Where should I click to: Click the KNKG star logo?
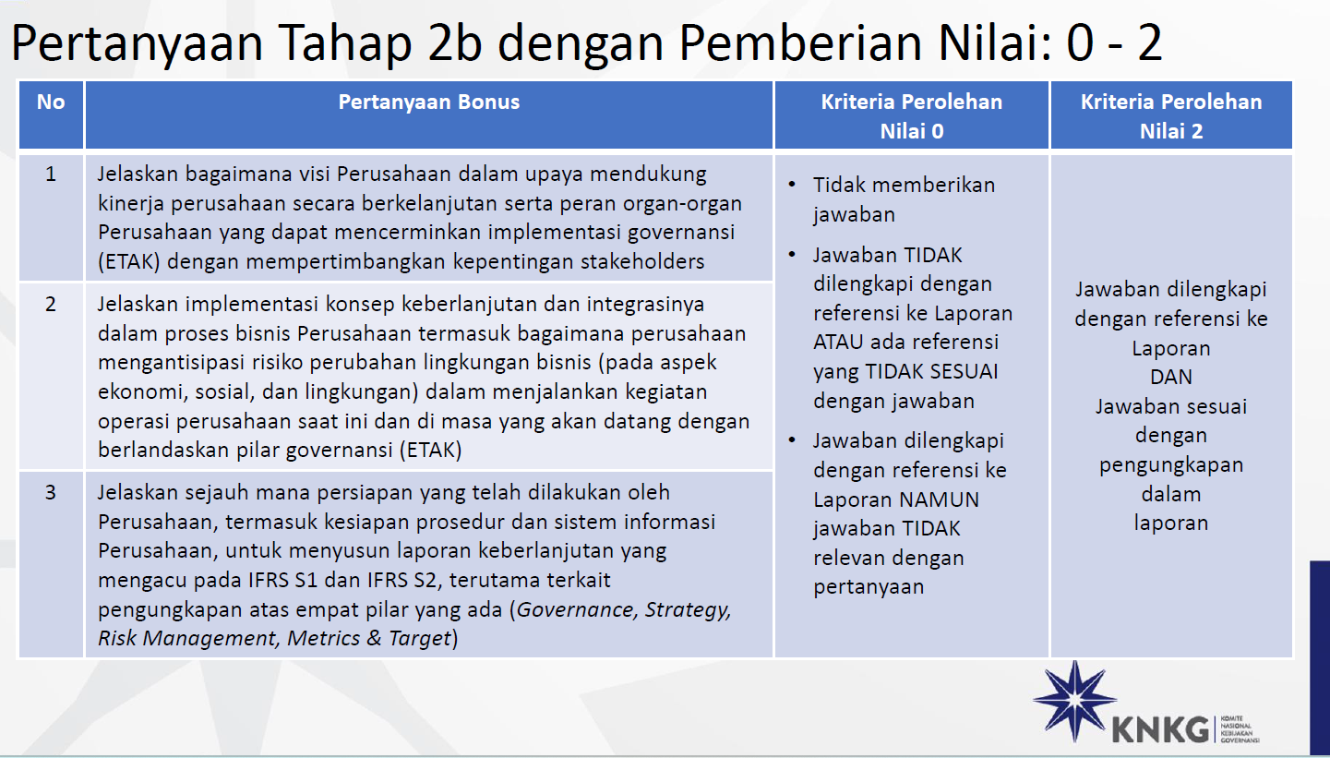[x=1074, y=701]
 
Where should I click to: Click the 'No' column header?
[x=51, y=102]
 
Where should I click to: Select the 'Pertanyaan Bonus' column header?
[x=428, y=102]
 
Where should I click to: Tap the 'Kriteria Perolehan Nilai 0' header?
[x=911, y=115]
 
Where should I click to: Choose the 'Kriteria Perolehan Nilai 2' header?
[x=1171, y=115]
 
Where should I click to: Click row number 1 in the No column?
[x=51, y=174]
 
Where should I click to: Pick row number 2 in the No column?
[x=51, y=304]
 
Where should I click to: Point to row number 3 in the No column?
[x=51, y=492]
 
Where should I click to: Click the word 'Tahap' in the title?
[x=343, y=43]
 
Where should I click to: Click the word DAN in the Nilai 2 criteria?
[x=1171, y=378]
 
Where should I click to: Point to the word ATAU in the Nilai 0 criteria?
[x=838, y=343]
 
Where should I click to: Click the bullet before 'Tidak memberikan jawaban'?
[x=792, y=185]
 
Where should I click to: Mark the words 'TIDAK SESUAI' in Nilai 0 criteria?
[x=931, y=372]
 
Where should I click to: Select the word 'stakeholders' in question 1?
[x=642, y=262]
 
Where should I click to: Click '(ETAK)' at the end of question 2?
[x=430, y=451]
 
